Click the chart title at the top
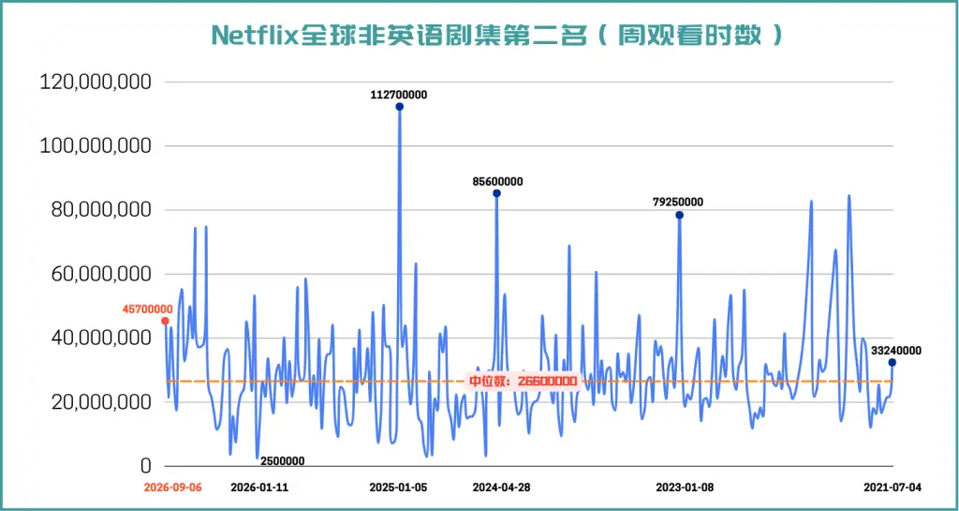496,35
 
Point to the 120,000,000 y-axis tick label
95,82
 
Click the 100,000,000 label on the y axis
95,146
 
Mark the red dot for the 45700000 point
165,321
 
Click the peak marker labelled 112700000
399,107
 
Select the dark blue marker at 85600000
496,193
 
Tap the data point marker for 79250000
679,215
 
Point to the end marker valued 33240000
893,363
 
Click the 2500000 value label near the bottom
280,461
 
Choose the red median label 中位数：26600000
523,382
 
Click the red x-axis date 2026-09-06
172,488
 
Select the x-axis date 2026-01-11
259,488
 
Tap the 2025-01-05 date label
399,488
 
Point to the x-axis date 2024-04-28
502,488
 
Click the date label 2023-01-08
685,488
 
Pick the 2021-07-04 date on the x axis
892,488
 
